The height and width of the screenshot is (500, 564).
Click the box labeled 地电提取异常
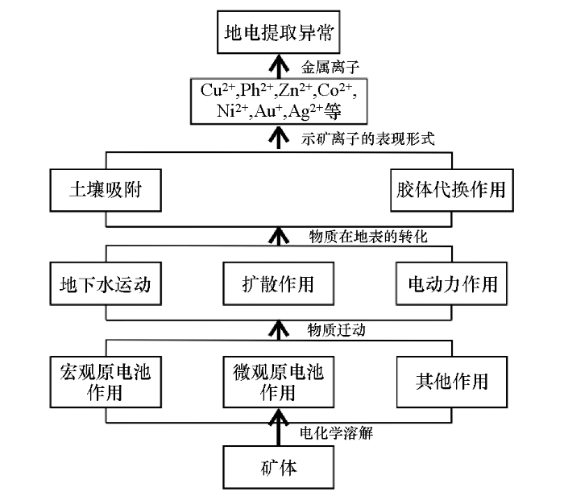tap(278, 34)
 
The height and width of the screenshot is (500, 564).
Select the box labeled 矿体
tap(278, 467)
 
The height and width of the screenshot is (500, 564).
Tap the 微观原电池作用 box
tap(278, 381)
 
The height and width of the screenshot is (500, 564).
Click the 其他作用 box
tap(452, 381)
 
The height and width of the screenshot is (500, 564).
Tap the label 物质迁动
tap(332, 329)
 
